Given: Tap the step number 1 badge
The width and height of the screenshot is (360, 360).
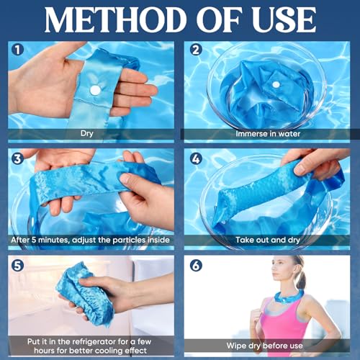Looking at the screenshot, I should (x=18, y=50).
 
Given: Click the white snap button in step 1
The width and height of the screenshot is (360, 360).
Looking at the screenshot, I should (x=94, y=91).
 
